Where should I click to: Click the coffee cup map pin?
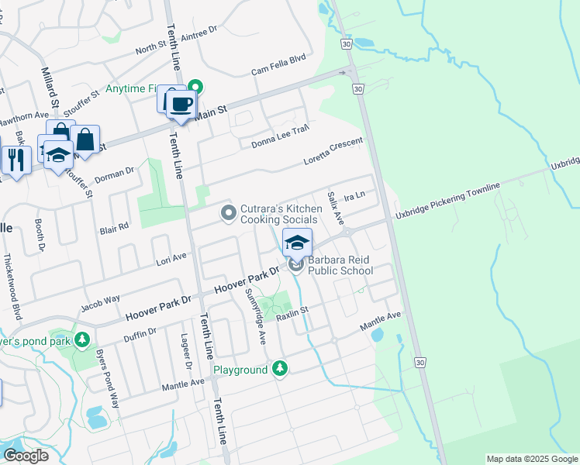tap(182, 104)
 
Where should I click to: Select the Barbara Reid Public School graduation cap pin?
tap(297, 243)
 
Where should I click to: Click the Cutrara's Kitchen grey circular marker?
tap(228, 212)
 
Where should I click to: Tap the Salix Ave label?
tap(335, 208)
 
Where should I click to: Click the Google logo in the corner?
tap(25, 455)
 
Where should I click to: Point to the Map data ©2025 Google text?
tap(531, 459)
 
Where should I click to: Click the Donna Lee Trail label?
tap(280, 136)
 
